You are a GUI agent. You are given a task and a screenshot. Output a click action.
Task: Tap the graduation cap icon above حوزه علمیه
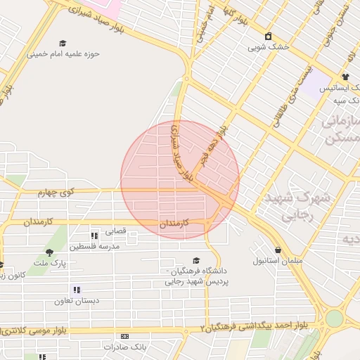point(63,43)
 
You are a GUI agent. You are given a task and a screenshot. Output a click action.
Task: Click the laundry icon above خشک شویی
point(268,37)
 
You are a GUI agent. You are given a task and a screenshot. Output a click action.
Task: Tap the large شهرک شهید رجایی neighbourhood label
point(294,207)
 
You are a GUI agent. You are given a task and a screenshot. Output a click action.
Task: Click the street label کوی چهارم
point(56,192)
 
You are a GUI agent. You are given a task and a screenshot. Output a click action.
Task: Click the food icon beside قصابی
point(94,236)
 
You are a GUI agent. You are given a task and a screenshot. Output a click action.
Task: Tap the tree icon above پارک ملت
point(49,252)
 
